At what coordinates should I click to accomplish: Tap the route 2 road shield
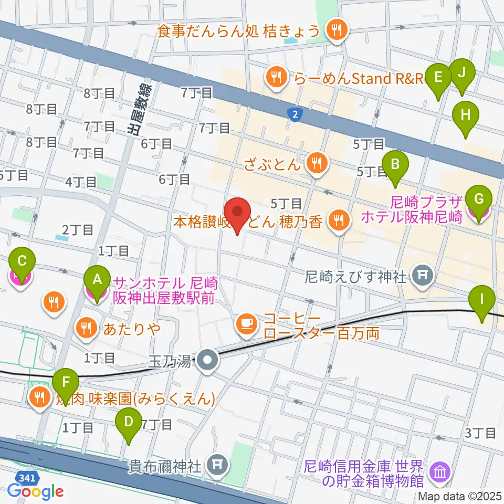point(296,113)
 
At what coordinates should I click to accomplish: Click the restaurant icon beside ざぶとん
point(316,163)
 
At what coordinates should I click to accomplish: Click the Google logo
point(35,491)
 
